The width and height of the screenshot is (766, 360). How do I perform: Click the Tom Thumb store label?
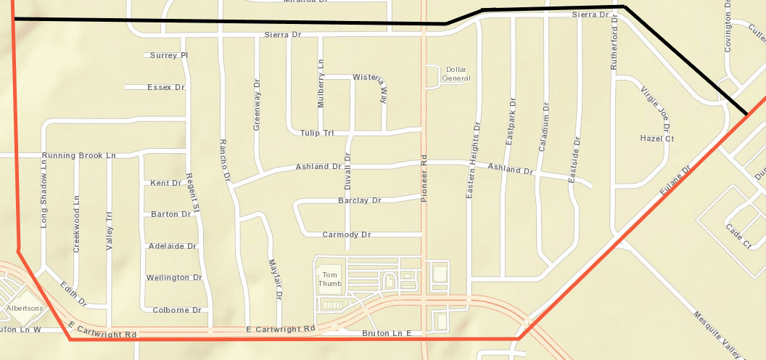pos(330,279)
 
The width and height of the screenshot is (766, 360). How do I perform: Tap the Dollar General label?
pos(458,73)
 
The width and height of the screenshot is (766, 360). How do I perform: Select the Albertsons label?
pos(25,308)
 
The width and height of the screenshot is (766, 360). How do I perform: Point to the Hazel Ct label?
pos(657,139)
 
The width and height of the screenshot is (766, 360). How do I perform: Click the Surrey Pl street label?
pos(169,55)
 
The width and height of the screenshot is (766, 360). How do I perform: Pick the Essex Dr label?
pos(166,87)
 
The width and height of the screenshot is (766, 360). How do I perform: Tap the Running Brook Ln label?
pos(78,156)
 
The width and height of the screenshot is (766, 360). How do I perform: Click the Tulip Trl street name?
pos(316,133)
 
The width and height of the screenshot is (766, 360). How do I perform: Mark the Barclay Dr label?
pos(359,200)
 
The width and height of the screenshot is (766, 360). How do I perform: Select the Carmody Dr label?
pos(347,235)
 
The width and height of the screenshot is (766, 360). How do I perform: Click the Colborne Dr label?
pos(176,310)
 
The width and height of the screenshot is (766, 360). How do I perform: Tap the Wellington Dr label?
pos(174,278)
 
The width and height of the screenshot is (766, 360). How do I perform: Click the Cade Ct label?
pos(738,237)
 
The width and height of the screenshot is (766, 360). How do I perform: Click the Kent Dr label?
pos(165,183)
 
